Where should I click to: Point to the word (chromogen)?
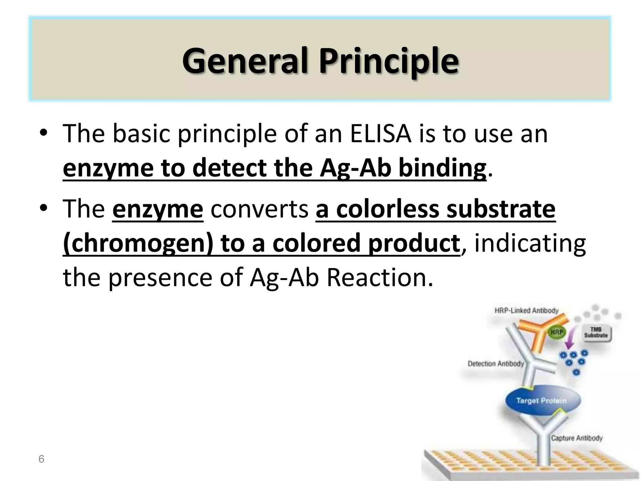click(x=138, y=243)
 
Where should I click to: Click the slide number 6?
click(x=41, y=459)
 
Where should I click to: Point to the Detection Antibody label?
click(x=495, y=364)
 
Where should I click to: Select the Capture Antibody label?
click(x=577, y=438)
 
